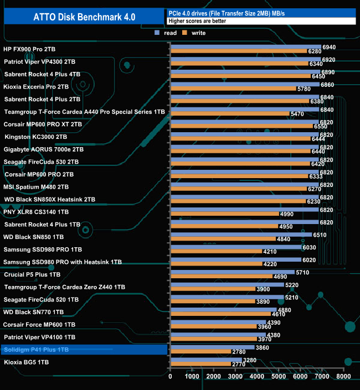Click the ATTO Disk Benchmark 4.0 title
click(83, 17)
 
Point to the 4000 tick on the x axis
click(256, 376)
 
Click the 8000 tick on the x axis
click(343, 376)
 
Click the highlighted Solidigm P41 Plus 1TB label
click(36, 350)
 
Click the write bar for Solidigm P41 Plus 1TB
click(200, 352)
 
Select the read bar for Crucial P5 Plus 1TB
click(233, 272)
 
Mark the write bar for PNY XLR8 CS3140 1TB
click(224, 214)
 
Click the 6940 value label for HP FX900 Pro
click(329, 47)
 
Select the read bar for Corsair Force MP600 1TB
click(218, 322)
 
